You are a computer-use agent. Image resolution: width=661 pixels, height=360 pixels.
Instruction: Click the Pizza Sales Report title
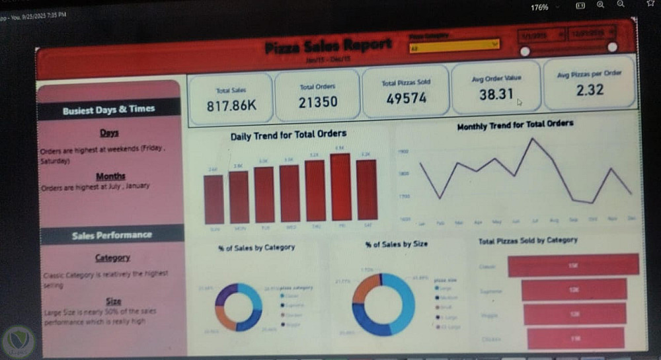tap(329, 46)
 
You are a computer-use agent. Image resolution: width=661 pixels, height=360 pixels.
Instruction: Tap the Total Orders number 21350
tap(318, 102)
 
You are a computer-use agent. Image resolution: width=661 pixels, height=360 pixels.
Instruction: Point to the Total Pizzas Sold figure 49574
tap(406, 98)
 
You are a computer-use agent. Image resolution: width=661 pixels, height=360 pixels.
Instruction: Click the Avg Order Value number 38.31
tap(496, 94)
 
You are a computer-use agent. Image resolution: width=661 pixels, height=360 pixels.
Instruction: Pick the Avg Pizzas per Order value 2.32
tap(589, 89)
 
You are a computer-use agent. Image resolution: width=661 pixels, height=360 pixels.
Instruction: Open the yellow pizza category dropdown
tap(454, 45)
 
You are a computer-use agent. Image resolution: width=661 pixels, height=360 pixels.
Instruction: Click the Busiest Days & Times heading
tap(109, 110)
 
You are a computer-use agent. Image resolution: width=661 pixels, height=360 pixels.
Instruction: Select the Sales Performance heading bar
tap(112, 234)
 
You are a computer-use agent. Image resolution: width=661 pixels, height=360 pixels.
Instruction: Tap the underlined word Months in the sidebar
tap(110, 176)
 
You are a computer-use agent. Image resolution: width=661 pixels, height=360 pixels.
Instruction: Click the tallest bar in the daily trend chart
tap(340, 187)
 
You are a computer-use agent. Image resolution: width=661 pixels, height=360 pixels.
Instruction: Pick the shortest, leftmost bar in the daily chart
tap(214, 199)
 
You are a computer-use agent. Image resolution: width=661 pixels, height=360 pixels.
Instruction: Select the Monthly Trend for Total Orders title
tap(515, 124)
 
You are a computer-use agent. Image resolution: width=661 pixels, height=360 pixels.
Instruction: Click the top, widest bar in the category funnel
tap(573, 264)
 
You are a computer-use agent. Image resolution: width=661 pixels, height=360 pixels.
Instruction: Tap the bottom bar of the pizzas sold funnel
tap(576, 338)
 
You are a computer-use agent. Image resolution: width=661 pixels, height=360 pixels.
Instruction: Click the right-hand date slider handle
tap(612, 48)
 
